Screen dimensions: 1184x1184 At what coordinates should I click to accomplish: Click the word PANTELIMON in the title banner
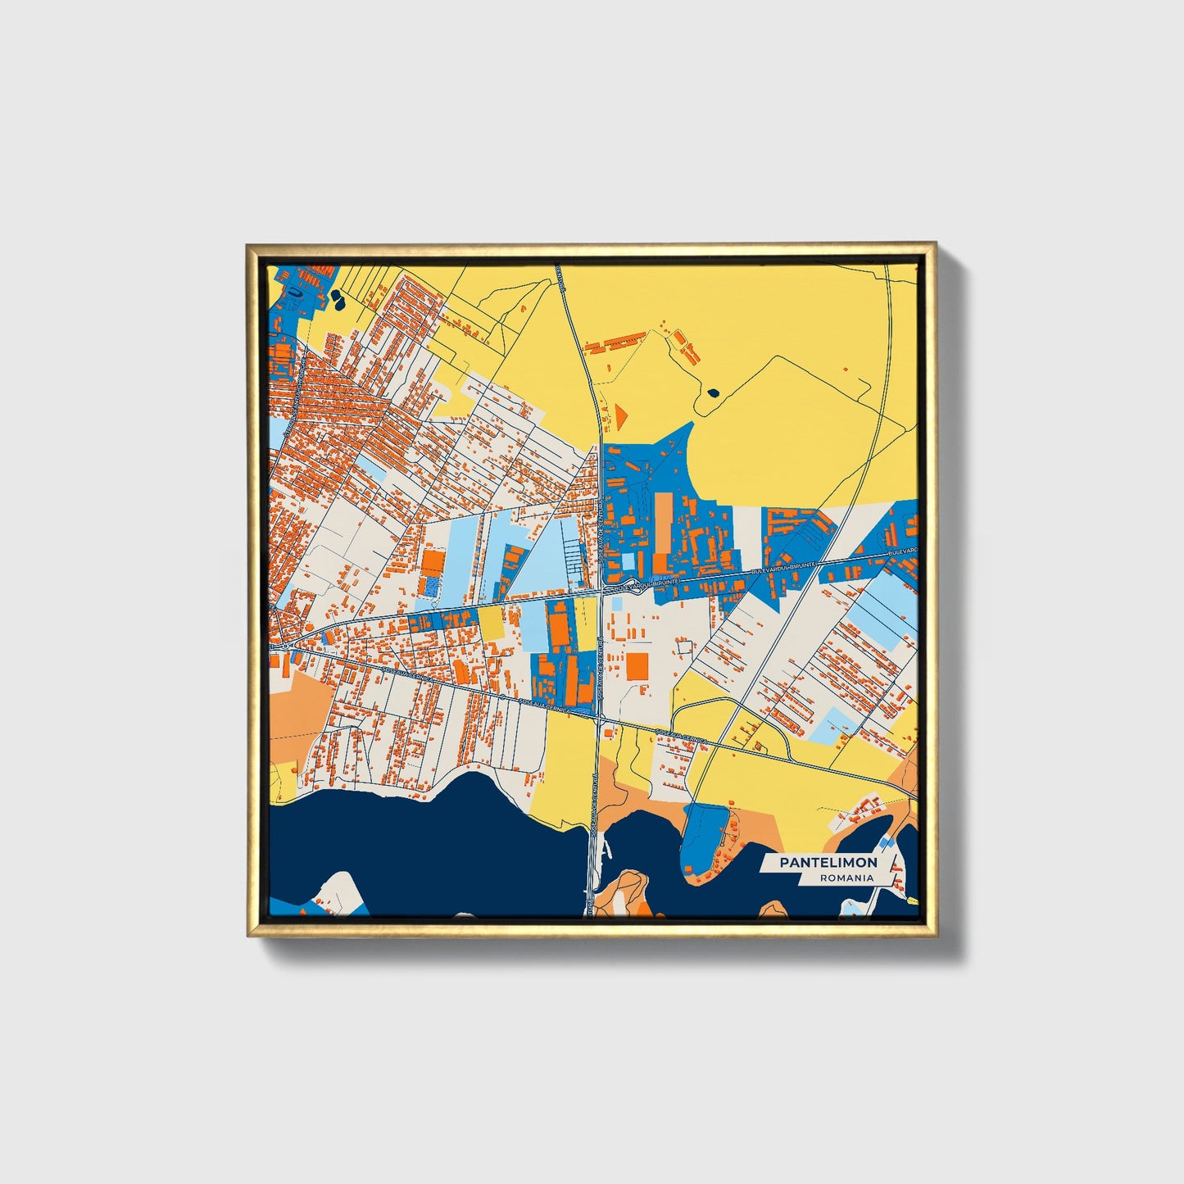[828, 862]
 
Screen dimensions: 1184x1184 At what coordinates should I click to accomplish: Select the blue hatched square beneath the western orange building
[429, 587]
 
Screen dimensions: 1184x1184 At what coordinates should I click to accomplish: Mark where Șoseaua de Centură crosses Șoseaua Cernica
[598, 718]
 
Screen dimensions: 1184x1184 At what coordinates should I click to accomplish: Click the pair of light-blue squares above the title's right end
[886, 842]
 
